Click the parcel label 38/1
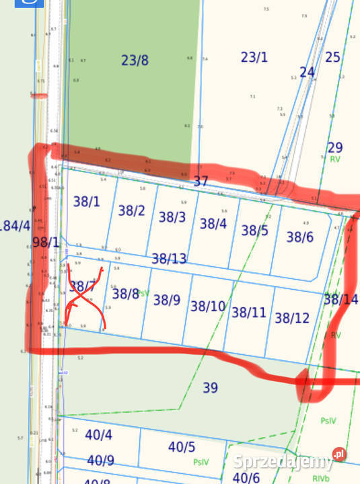coord(85,201)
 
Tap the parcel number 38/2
coord(132,210)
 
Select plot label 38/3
coord(172,217)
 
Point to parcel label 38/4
coord(213,224)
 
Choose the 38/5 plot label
coord(255,231)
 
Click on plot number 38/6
coord(300,237)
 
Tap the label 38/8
coord(126,293)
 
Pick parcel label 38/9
coord(167,300)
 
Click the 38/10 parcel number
coord(208,307)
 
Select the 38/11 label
coord(249,312)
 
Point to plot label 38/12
coord(292,317)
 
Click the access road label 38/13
coord(169,258)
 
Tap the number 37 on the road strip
coord(201,182)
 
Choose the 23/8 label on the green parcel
coord(135,61)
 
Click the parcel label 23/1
coord(254,57)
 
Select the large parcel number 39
coord(211,387)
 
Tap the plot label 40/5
coord(182,446)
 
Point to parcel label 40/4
coord(99,434)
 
